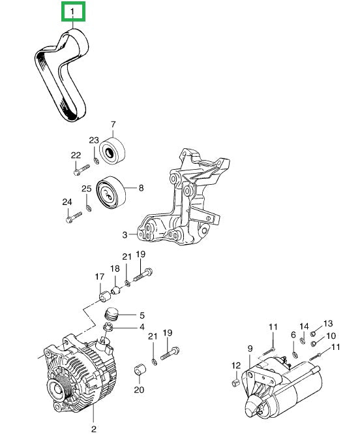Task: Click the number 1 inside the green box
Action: [72, 12]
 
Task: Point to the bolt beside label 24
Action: [72, 219]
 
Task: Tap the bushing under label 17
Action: [102, 297]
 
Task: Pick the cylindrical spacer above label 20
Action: [138, 370]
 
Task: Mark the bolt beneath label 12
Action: [236, 381]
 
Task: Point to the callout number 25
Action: [86, 189]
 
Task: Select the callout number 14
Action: [304, 326]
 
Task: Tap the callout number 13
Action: [327, 323]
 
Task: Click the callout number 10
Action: [331, 336]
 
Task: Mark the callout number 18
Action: [115, 269]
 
